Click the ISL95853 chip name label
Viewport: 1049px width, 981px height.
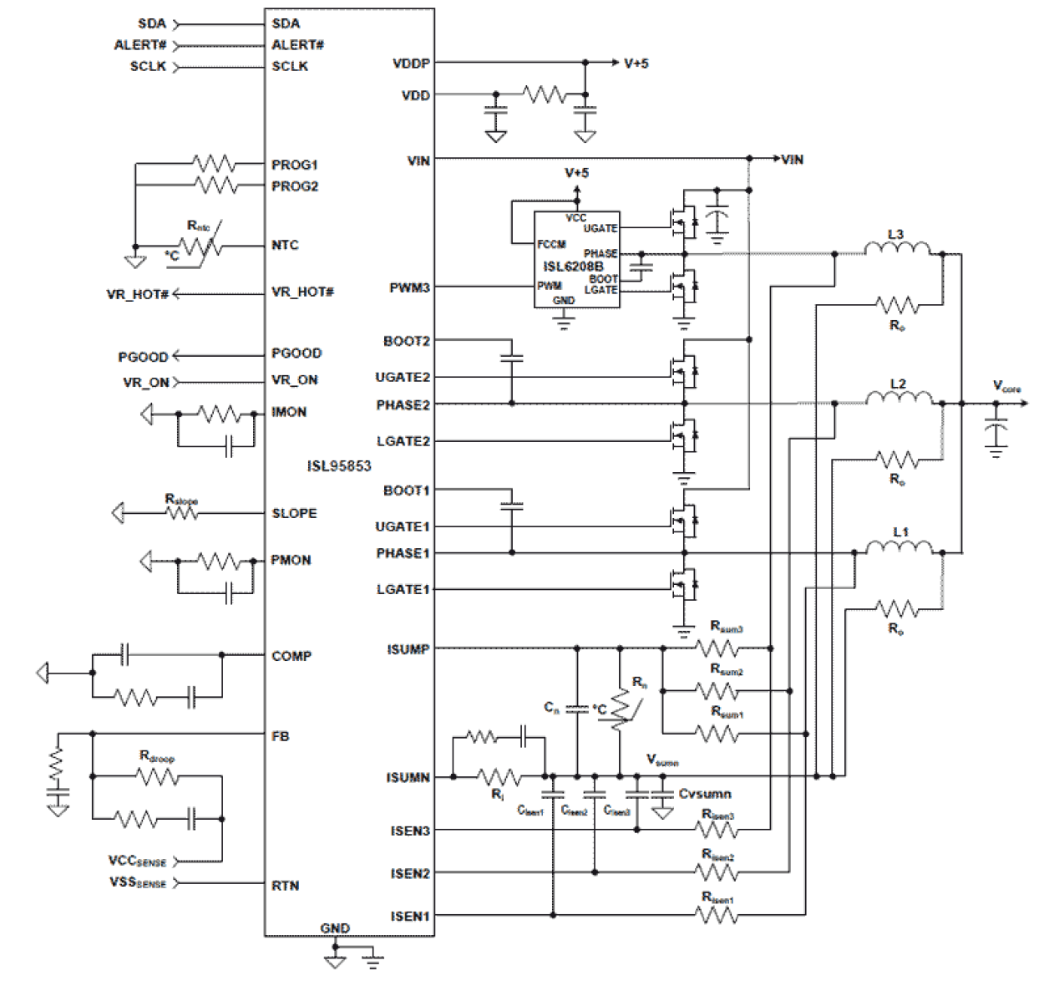pos(339,466)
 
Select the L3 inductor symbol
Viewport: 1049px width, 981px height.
pos(897,249)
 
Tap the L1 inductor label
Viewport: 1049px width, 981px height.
pos(900,531)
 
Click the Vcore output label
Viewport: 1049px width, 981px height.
pos(1006,387)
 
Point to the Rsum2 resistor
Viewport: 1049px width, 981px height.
pos(717,690)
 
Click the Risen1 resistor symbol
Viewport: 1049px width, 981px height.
pos(717,916)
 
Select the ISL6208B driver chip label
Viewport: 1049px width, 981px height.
pos(573,267)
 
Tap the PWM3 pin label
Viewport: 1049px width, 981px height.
pos(409,288)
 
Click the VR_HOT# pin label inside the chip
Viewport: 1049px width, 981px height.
pos(302,292)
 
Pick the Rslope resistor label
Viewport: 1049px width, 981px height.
pos(181,500)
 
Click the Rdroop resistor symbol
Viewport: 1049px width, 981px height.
pos(157,777)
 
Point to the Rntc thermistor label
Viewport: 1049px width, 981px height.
pos(198,226)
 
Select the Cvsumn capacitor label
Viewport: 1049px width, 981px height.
pos(705,794)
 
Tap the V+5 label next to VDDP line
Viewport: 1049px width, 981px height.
pos(636,64)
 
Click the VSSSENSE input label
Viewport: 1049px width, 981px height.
pos(138,882)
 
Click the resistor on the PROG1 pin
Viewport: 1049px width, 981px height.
pos(215,164)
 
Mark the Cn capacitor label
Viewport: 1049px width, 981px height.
pos(551,708)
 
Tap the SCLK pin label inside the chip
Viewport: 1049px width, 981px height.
pos(290,67)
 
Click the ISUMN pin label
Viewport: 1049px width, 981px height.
pos(408,778)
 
